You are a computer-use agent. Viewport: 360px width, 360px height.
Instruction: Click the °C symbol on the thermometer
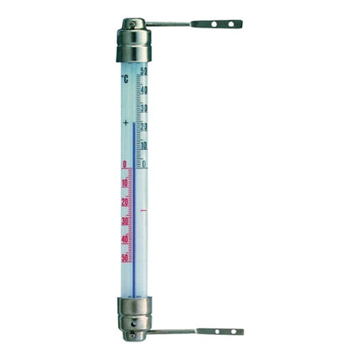[x=125, y=79]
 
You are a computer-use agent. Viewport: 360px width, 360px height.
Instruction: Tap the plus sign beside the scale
[x=126, y=122]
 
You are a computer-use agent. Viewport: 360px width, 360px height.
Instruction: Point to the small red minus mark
[x=143, y=210]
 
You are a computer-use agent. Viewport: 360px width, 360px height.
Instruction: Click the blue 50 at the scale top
[x=144, y=71]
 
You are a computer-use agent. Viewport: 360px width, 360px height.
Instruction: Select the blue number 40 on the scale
[x=144, y=90]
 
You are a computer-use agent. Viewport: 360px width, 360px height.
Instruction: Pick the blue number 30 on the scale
[x=144, y=109]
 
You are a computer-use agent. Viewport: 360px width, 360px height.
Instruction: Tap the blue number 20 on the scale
[x=144, y=127]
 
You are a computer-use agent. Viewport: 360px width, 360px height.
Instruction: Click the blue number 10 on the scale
[x=144, y=146]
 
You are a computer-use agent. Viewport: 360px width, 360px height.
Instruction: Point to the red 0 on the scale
[x=125, y=165]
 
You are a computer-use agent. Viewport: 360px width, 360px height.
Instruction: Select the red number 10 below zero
[x=125, y=183]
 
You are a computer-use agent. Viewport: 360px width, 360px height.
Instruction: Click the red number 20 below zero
[x=125, y=202]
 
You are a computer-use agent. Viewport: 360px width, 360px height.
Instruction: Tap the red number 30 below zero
[x=125, y=221]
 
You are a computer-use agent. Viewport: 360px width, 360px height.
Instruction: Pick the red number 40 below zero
[x=125, y=239]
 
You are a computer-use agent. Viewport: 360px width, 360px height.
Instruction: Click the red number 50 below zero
[x=125, y=258]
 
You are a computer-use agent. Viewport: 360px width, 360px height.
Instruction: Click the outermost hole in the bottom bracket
[x=234, y=332]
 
